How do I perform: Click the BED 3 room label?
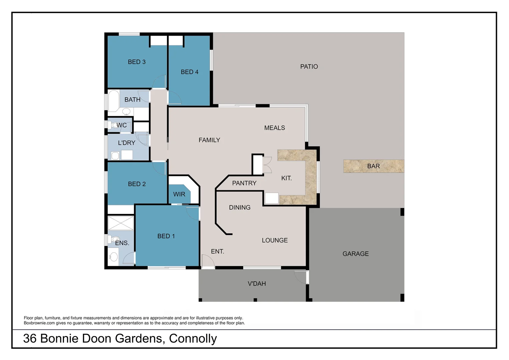click(x=137, y=62)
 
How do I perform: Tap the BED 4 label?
click(x=190, y=72)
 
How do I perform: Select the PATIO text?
click(x=309, y=67)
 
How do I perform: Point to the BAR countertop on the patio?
click(x=373, y=166)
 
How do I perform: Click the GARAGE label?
click(x=355, y=254)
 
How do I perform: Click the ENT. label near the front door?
click(x=217, y=252)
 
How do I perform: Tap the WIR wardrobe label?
click(x=179, y=194)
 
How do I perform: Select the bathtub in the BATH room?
click(x=113, y=100)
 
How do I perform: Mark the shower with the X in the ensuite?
click(x=121, y=223)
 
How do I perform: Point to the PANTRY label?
click(x=244, y=183)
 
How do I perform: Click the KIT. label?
click(x=286, y=178)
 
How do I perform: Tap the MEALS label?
click(x=274, y=128)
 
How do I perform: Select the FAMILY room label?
click(x=209, y=140)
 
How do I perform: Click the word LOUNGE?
click(x=274, y=240)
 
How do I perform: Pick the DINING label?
click(x=240, y=208)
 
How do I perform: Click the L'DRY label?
click(x=127, y=143)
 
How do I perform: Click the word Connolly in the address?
click(x=193, y=339)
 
